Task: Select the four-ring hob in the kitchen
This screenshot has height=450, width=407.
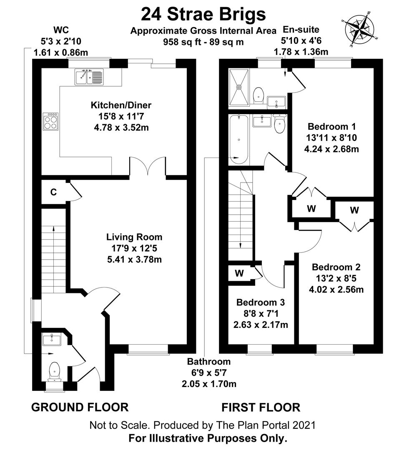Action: pos(50,121)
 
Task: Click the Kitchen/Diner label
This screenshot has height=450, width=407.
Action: pos(121,105)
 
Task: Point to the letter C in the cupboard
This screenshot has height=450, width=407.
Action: pos(53,192)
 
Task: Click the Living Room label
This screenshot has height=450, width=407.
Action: pos(134,237)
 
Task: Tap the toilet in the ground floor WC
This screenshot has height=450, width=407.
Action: pos(54,371)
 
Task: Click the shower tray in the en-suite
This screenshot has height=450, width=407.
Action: pos(239,87)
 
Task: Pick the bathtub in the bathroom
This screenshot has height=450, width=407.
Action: pos(239,139)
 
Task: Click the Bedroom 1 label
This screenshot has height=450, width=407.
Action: pos(332,126)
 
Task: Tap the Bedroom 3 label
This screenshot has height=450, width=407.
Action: pos(261,302)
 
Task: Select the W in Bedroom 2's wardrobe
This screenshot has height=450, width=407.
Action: pos(354,210)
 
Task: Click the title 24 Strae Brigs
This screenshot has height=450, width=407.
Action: pos(203,14)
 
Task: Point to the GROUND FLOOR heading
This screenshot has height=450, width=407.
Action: pos(80,407)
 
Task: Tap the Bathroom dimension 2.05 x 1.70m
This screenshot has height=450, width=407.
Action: pos(209,384)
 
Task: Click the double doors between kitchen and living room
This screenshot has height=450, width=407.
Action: pos(148,166)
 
